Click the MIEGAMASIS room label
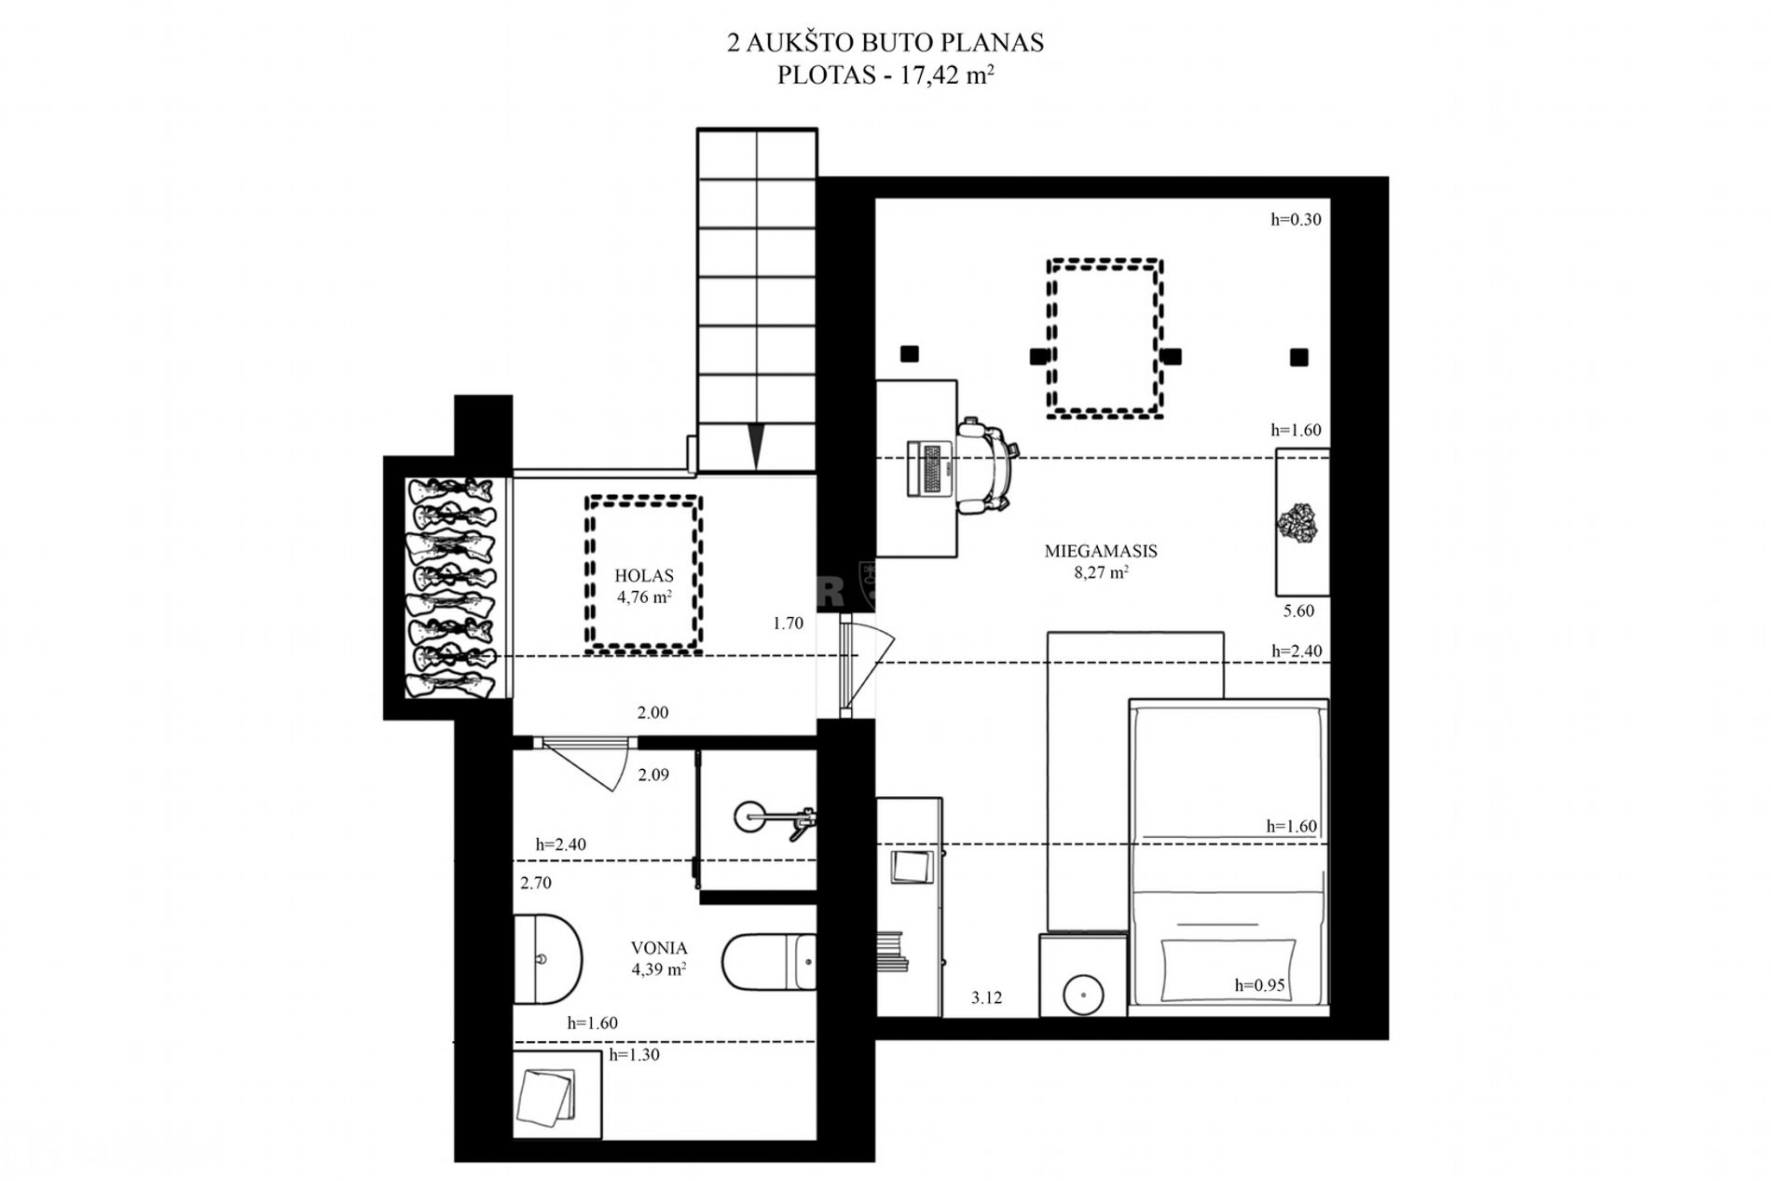(1101, 551)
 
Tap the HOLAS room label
(644, 576)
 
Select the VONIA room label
(659, 948)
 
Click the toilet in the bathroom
(769, 961)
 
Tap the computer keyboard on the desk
(931, 467)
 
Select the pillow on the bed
(1228, 970)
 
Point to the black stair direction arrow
(757, 446)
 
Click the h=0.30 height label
(1296, 220)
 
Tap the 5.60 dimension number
(1298, 611)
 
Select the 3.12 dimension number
(986, 998)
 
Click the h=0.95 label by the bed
(1259, 985)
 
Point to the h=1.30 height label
(634, 1055)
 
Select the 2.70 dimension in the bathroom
(536, 883)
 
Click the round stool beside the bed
(1083, 994)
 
